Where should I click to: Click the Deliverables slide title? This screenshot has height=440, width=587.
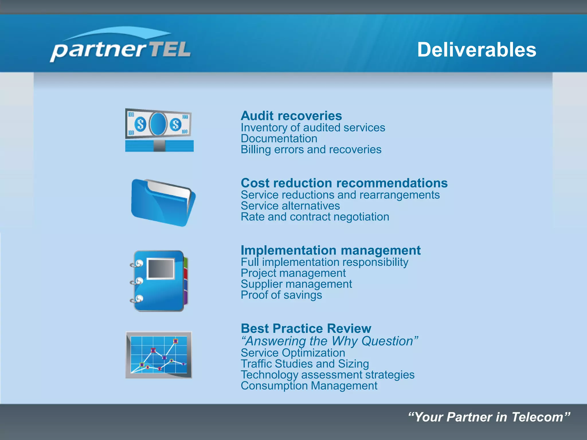pyautogui.click(x=476, y=50)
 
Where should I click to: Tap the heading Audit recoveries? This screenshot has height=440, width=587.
pyautogui.click(x=291, y=116)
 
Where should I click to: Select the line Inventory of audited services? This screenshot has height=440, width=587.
pyautogui.click(x=313, y=128)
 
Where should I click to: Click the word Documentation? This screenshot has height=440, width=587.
pyautogui.click(x=279, y=139)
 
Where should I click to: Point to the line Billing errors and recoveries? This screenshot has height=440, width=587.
pyautogui.click(x=311, y=150)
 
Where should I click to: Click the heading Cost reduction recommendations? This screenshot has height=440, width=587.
pyautogui.click(x=344, y=183)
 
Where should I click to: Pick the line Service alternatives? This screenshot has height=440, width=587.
pyautogui.click(x=290, y=206)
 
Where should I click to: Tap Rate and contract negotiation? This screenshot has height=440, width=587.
pyautogui.click(x=315, y=217)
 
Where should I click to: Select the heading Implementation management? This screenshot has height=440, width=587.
pyautogui.click(x=330, y=250)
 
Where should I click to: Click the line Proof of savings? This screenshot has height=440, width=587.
pyautogui.click(x=281, y=295)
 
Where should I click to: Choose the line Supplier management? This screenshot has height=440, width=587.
pyautogui.click(x=296, y=284)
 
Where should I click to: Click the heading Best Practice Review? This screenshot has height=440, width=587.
pyautogui.click(x=306, y=329)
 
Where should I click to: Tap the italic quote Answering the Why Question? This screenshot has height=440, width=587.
pyautogui.click(x=329, y=341)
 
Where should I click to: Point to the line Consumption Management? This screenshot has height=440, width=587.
pyautogui.click(x=309, y=386)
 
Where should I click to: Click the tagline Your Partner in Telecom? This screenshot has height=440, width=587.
pyautogui.click(x=489, y=417)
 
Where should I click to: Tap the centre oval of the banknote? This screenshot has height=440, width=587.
pyautogui.click(x=158, y=124)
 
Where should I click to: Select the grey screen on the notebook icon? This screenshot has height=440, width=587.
pyautogui.click(x=161, y=269)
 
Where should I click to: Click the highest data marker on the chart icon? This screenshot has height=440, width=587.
pyautogui.click(x=175, y=341)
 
